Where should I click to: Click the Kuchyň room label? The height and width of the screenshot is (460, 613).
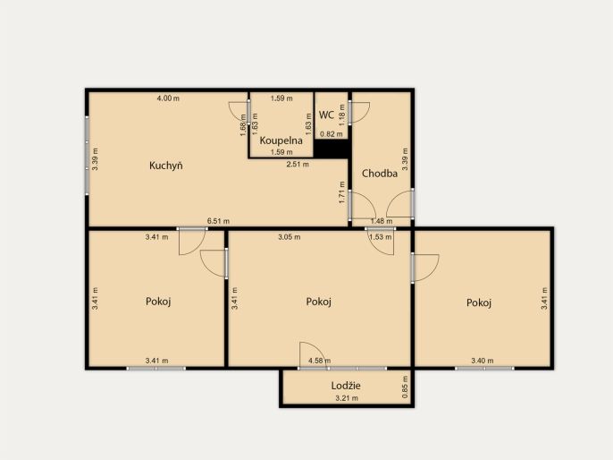[166, 166]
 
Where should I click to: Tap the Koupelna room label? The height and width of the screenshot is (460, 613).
[281, 141]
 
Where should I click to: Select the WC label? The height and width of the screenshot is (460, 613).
[326, 115]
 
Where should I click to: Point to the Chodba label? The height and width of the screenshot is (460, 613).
[380, 174]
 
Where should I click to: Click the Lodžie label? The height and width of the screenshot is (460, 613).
[346, 386]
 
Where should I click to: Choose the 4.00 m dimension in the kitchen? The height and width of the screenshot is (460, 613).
[168, 98]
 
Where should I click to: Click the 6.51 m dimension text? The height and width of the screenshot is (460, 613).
[218, 221]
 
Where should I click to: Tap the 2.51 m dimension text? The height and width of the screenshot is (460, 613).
[298, 165]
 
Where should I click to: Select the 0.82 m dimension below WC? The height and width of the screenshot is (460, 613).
[332, 134]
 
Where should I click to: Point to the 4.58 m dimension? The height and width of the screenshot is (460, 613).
[319, 361]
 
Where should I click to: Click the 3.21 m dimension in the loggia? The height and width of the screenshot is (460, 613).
[347, 398]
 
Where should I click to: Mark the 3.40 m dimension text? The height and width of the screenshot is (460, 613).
[482, 361]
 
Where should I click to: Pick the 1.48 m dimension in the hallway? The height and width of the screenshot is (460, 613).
[382, 221]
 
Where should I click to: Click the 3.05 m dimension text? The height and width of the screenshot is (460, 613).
[290, 237]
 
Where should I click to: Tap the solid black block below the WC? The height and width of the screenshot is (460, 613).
[332, 149]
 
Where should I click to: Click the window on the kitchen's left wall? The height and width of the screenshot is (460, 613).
[87, 155]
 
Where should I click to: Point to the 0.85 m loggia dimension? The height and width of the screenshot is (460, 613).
[405, 388]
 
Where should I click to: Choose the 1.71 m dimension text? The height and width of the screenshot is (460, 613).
[342, 192]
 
